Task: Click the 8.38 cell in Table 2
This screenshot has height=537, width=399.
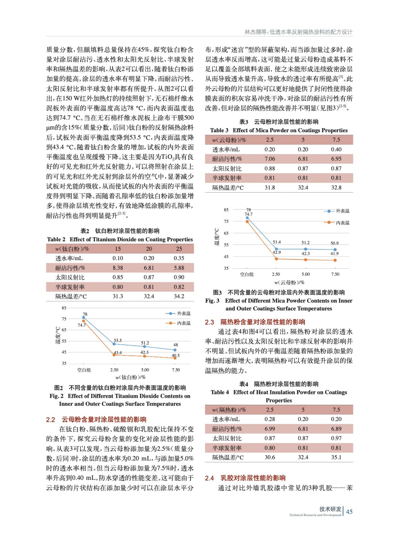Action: click(118, 268)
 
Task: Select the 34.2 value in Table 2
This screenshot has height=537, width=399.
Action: click(179, 296)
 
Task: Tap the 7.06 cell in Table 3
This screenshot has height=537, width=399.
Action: click(270, 159)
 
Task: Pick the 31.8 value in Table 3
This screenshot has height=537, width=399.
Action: click(270, 188)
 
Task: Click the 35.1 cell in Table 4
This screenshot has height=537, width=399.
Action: click(336, 457)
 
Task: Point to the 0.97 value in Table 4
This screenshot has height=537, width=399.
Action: click(336, 438)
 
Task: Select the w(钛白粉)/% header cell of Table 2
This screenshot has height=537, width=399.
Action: click(72, 249)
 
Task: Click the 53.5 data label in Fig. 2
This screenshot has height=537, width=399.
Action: click(118, 340)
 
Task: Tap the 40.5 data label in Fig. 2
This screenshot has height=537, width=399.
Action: click(175, 355)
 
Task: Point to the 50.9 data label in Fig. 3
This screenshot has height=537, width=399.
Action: click(334, 243)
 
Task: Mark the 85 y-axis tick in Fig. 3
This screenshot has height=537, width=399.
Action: click(226, 210)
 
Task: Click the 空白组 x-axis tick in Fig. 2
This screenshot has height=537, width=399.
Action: click(84, 370)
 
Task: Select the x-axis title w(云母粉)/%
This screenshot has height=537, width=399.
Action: click(289, 282)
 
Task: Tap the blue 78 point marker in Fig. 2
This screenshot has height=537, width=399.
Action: click(84, 318)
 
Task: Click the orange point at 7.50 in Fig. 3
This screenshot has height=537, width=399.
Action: click(335, 260)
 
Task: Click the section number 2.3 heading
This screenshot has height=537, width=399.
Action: click(209, 322)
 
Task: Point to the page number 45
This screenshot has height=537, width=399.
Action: click(349, 511)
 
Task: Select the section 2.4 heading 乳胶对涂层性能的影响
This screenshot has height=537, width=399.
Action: click(253, 478)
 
